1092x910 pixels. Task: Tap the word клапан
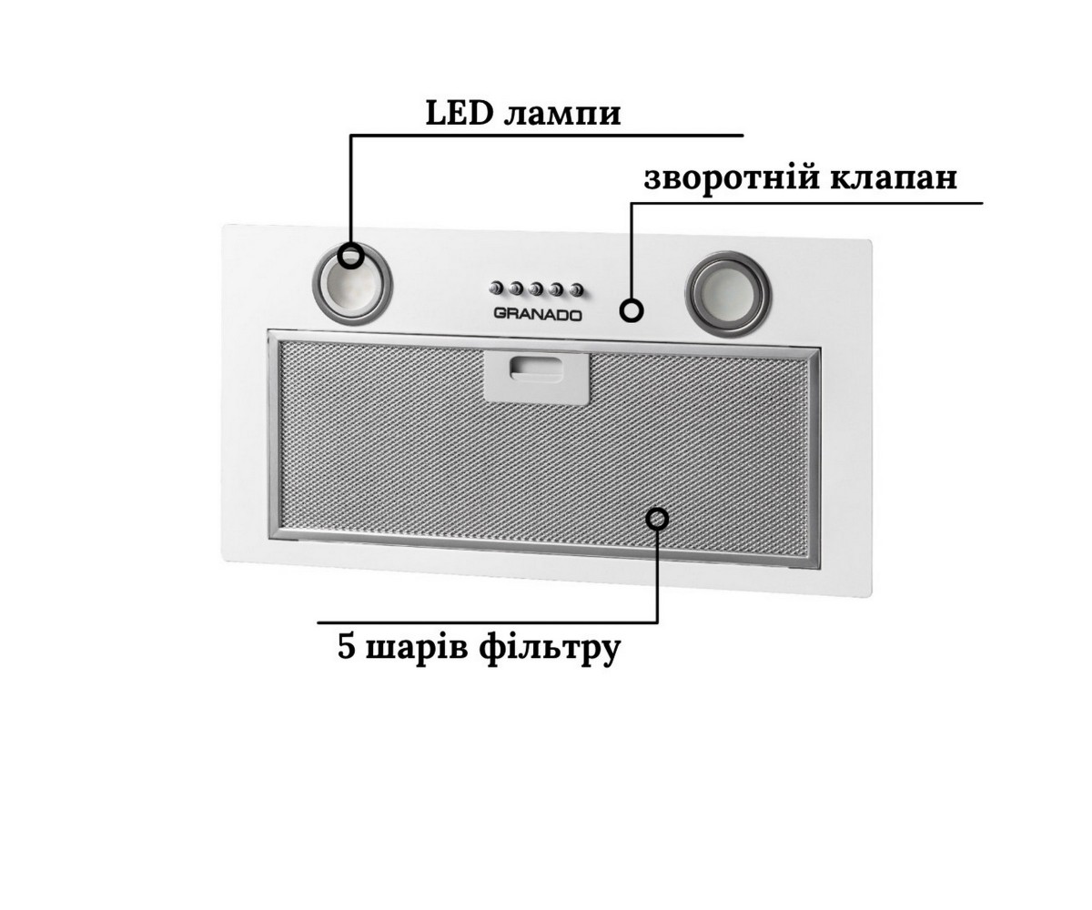click(894, 180)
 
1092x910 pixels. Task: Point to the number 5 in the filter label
click(346, 647)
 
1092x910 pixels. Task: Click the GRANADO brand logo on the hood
click(538, 316)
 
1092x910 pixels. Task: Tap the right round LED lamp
click(728, 294)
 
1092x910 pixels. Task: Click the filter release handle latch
click(537, 378)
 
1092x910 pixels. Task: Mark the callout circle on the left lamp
click(350, 257)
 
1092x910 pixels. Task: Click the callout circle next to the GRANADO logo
click(632, 310)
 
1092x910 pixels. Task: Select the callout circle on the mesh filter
click(657, 519)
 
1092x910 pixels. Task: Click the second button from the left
click(516, 288)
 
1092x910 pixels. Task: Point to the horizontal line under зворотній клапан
click(807, 202)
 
